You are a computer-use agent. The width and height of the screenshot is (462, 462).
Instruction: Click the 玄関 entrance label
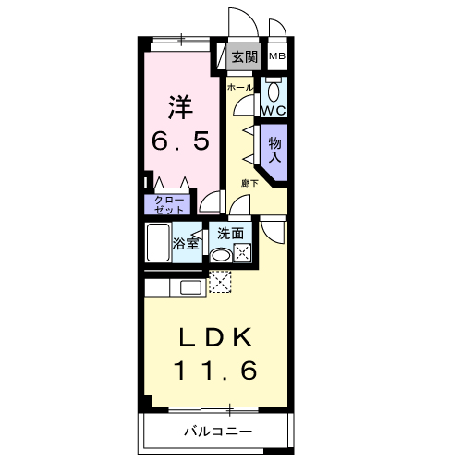(245, 56)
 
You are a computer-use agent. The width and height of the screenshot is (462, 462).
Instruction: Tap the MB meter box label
(276, 56)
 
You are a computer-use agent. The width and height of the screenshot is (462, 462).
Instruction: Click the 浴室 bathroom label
(188, 244)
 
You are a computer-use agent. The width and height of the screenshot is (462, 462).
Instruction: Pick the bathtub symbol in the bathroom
(159, 244)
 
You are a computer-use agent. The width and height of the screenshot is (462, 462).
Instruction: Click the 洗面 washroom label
(230, 234)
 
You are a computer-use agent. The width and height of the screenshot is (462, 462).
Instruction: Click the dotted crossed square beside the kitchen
(220, 282)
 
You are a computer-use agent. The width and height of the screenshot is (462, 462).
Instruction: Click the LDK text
(214, 337)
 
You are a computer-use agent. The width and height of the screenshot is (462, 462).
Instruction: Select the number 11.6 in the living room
(214, 371)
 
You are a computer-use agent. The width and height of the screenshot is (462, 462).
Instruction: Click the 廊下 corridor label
(250, 183)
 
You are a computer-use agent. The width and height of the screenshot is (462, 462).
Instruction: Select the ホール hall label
(240, 86)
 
